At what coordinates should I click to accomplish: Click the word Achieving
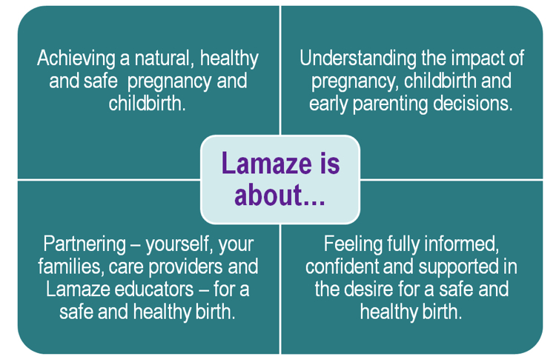76,58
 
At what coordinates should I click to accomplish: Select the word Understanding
358,58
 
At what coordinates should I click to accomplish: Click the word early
329,104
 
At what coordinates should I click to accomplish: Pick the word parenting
391,104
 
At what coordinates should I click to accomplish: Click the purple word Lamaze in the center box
266,163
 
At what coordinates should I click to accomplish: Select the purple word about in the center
268,195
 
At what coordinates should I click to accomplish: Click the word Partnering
85,245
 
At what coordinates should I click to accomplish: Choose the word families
70,267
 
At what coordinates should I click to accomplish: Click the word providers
185,268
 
